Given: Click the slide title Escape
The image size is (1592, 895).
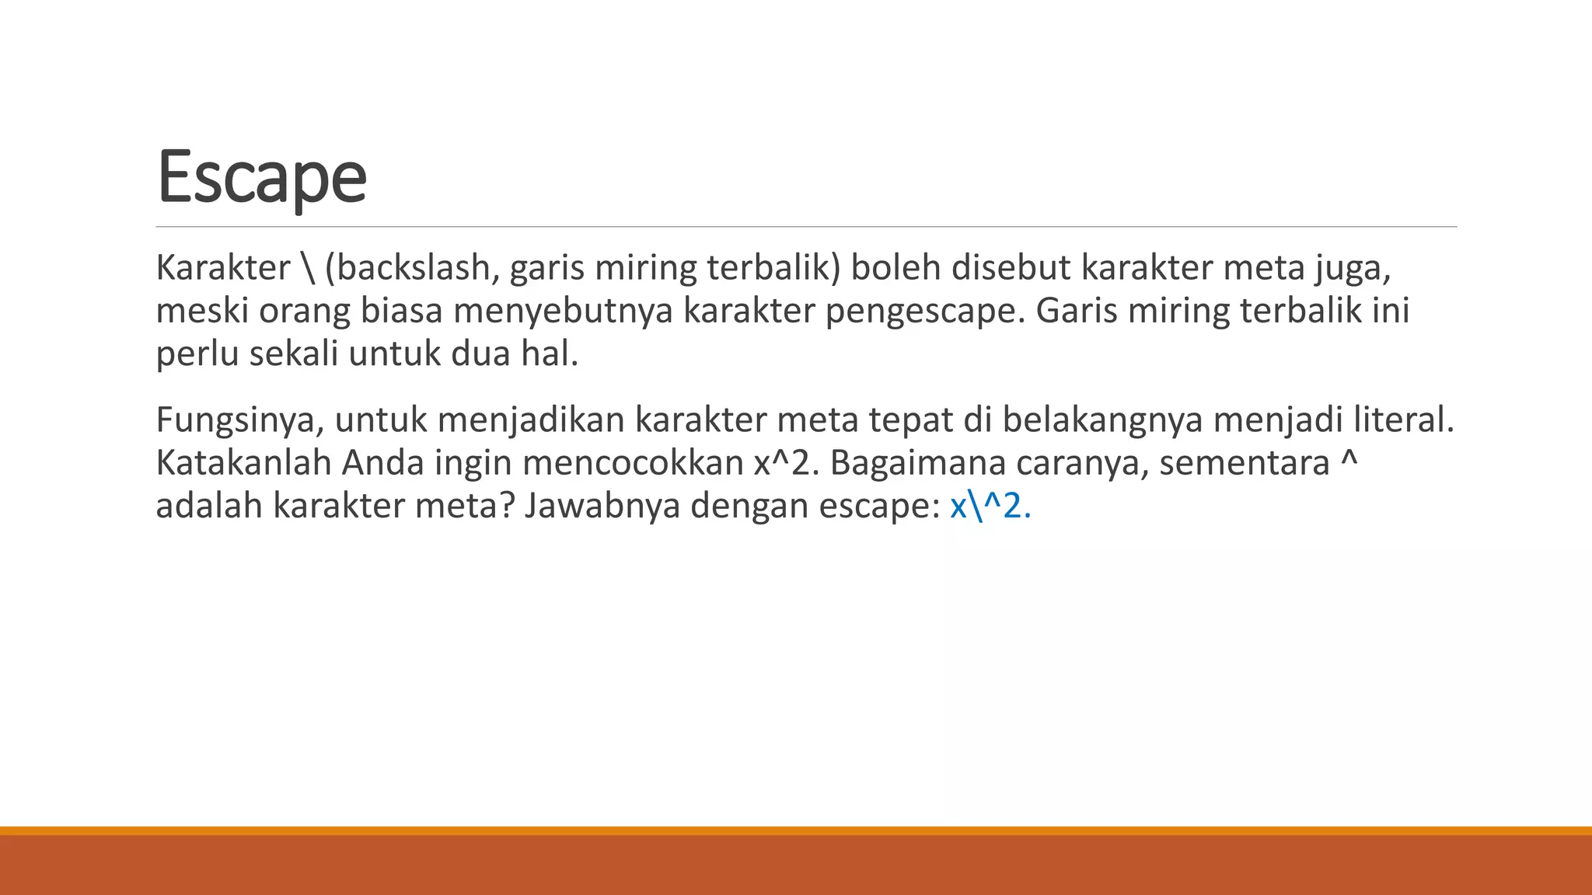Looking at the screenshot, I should (261, 177).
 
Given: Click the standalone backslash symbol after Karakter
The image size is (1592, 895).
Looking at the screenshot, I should (307, 268).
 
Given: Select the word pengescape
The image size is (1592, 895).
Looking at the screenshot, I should (925, 312).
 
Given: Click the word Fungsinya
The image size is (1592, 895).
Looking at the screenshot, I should (240, 420).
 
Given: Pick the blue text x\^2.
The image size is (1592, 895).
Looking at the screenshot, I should (990, 507).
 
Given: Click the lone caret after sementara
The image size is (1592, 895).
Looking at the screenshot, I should (1349, 458).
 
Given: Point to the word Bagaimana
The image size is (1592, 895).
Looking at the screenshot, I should (917, 463).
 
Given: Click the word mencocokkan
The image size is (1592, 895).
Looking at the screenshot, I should (633, 463).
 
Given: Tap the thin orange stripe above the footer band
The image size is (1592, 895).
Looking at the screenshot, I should (796, 831).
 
